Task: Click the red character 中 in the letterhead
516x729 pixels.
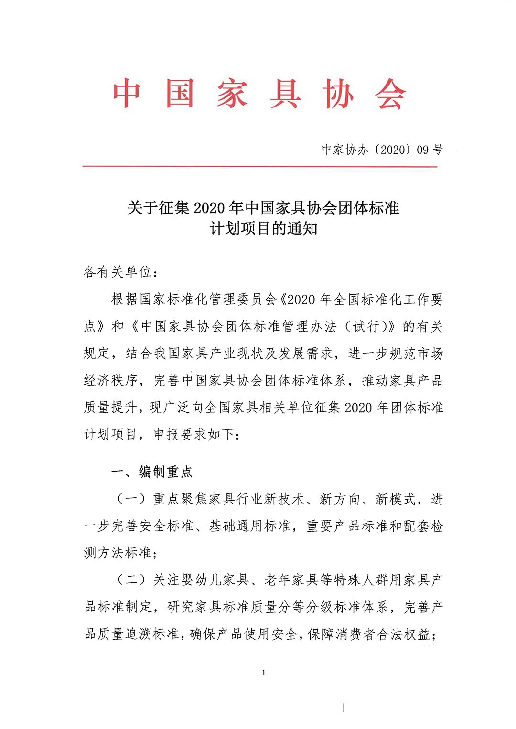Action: click(127, 94)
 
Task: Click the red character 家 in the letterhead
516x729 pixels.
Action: click(233, 94)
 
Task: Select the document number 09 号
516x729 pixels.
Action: click(430, 150)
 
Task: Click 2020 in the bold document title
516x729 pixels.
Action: click(210, 208)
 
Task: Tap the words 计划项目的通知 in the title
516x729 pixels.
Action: click(263, 228)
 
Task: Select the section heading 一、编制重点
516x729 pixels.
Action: click(152, 472)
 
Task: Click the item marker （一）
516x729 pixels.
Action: click(131, 499)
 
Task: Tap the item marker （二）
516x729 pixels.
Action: click(131, 580)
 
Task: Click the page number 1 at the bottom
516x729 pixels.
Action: click(264, 673)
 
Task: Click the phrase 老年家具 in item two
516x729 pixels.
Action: click(291, 580)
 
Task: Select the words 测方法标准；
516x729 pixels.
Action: click(121, 553)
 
